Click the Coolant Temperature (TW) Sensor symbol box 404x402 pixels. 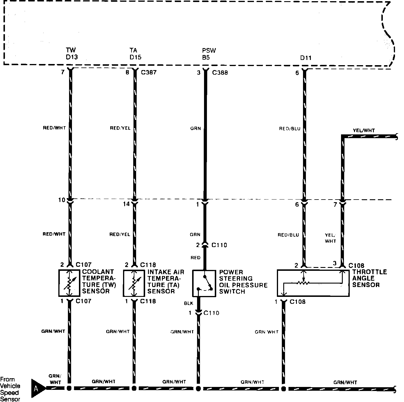(x=69, y=283)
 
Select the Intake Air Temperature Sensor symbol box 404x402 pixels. (x=134, y=283)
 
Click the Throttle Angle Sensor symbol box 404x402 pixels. (x=313, y=283)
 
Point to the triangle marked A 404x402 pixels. (x=37, y=388)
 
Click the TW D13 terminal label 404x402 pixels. (x=72, y=54)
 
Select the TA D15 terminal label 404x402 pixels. (x=135, y=54)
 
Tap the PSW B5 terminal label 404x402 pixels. (x=209, y=54)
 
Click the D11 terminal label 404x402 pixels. (x=306, y=58)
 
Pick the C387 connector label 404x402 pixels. (x=149, y=72)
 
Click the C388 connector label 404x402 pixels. (x=220, y=73)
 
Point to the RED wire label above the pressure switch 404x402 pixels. (x=195, y=257)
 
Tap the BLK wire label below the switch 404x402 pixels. (x=188, y=304)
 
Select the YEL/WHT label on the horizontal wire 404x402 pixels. (x=364, y=130)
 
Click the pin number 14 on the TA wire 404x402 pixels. (x=126, y=204)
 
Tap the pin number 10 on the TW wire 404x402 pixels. (x=62, y=200)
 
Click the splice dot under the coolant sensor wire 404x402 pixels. (x=69, y=388)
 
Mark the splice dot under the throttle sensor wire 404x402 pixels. (x=283, y=388)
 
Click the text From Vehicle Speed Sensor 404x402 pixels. (x=10, y=389)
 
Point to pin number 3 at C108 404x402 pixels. (x=335, y=263)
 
